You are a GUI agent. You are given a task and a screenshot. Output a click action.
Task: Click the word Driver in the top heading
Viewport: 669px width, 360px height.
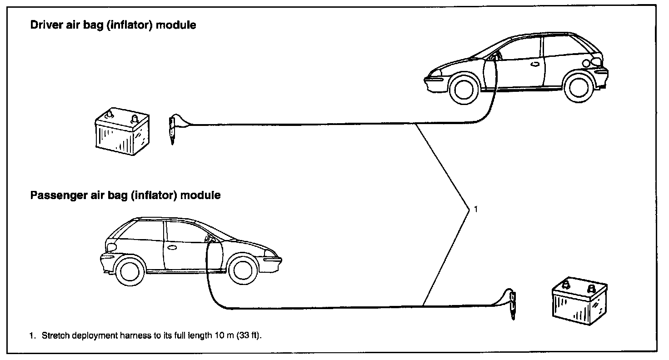(x=46, y=25)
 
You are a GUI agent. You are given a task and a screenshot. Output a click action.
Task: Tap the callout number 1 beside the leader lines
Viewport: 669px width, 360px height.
(x=476, y=209)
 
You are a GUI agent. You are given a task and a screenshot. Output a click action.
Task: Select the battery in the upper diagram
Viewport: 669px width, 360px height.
(x=122, y=131)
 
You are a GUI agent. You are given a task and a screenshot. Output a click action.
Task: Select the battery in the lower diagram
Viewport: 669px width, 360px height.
(x=579, y=301)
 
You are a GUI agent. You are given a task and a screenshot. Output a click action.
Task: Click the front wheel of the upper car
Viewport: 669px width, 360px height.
(x=464, y=90)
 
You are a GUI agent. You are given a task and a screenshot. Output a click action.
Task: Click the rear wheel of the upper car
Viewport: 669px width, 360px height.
(x=579, y=88)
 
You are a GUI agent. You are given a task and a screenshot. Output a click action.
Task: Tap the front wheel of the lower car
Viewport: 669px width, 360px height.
(x=243, y=270)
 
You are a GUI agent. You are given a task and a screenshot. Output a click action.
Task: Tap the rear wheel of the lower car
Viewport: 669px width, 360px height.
(x=130, y=271)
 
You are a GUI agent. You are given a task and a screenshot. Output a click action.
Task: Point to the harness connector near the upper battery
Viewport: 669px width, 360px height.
(x=172, y=129)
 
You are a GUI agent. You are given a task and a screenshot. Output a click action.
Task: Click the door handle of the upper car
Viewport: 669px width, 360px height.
(x=535, y=64)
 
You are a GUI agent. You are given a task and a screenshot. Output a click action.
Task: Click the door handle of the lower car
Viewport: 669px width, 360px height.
(x=172, y=247)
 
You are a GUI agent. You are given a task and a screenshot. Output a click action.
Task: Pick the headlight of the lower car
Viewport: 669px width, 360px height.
(x=270, y=253)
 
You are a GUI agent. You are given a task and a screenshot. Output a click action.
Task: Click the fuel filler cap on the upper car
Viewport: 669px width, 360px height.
(x=586, y=63)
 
